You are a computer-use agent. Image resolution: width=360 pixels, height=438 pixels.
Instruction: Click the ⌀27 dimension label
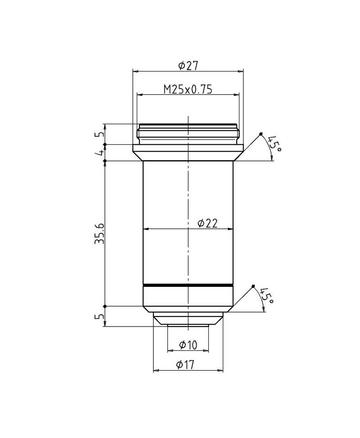point(188,66)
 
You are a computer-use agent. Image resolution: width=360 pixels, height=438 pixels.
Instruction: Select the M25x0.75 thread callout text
point(188,89)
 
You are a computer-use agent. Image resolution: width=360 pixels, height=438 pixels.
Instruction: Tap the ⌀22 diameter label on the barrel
point(207,223)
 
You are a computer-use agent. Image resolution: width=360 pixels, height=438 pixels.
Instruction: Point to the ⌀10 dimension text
point(188,345)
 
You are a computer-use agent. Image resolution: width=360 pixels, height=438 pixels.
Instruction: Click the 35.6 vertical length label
point(99,233)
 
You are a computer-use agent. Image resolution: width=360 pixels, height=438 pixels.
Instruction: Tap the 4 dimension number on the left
point(99,153)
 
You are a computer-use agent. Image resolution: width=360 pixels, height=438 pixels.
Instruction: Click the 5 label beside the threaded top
point(99,134)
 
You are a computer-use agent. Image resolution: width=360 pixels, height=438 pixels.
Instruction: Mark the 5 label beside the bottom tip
point(99,317)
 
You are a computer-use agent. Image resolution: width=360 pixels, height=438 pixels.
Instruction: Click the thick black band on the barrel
point(188,286)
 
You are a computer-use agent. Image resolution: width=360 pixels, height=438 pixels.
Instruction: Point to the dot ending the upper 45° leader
point(261,134)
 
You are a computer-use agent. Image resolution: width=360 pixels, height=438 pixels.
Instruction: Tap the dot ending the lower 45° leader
point(254,286)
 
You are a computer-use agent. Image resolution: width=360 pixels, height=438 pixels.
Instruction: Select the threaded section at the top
point(188,134)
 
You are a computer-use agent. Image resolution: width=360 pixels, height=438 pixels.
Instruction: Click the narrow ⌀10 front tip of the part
point(188,325)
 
